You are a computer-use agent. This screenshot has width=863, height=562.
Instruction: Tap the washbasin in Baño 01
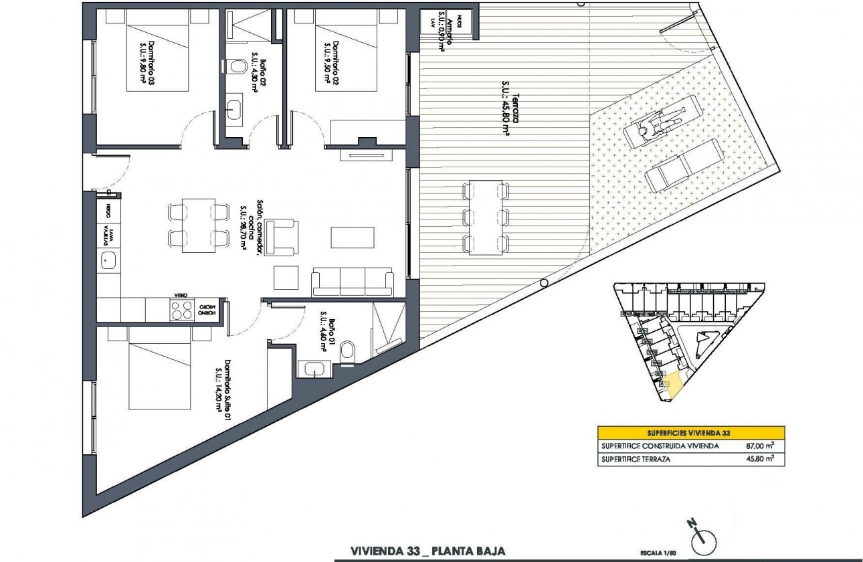tap(313, 368)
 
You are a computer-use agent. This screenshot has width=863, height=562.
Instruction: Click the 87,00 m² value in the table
tap(760, 445)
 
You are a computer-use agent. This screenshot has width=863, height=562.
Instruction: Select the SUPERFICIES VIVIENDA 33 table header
tap(691, 432)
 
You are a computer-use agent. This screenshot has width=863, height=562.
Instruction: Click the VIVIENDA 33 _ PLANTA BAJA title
tap(427, 551)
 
